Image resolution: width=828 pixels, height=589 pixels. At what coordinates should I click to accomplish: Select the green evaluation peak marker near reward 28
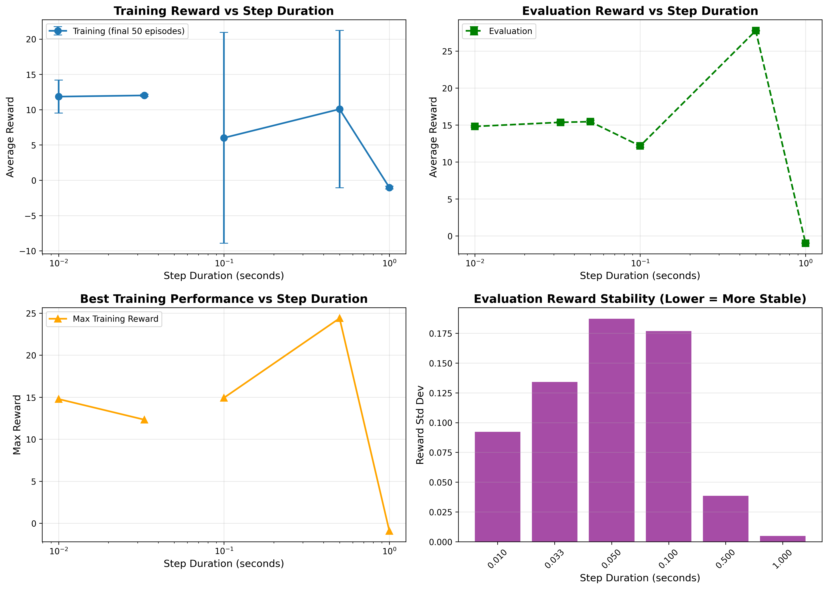point(755,31)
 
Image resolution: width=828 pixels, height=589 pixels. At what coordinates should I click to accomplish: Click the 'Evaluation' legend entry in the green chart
point(510,31)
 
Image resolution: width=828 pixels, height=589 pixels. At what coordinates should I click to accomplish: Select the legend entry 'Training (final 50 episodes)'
point(128,31)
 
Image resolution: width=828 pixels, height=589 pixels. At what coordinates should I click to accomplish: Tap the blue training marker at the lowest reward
point(389,188)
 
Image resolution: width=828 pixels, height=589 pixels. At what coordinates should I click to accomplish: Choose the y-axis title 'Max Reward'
point(17,425)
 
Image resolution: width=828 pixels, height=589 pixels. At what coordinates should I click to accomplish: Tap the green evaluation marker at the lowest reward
point(805,243)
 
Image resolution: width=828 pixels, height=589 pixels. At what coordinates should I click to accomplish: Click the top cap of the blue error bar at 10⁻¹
point(224,33)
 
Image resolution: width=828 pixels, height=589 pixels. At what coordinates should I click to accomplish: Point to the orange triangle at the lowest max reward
point(389,531)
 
